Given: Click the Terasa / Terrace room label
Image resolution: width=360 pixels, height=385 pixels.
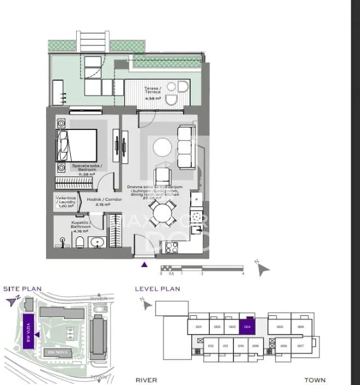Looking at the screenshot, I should [x=153, y=90].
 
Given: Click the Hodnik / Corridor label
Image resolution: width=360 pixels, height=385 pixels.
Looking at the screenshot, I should [x=108, y=201].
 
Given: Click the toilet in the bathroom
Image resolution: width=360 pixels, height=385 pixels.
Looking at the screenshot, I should [x=79, y=242].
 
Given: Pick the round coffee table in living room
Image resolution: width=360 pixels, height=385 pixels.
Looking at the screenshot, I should [x=163, y=148].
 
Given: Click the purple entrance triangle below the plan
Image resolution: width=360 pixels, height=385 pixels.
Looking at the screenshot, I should [x=145, y=265].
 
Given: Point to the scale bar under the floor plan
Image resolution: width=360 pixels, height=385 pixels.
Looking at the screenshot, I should [x=202, y=268].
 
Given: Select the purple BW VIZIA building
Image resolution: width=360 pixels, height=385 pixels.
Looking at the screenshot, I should [x=28, y=331].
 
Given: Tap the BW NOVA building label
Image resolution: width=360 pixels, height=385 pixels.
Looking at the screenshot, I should [x=57, y=352].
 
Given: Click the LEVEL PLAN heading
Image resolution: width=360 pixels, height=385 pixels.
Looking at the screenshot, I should [x=157, y=288].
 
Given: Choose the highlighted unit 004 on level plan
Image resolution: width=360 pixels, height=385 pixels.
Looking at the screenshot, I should [x=248, y=326].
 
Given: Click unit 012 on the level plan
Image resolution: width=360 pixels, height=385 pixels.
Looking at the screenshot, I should [x=211, y=347].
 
